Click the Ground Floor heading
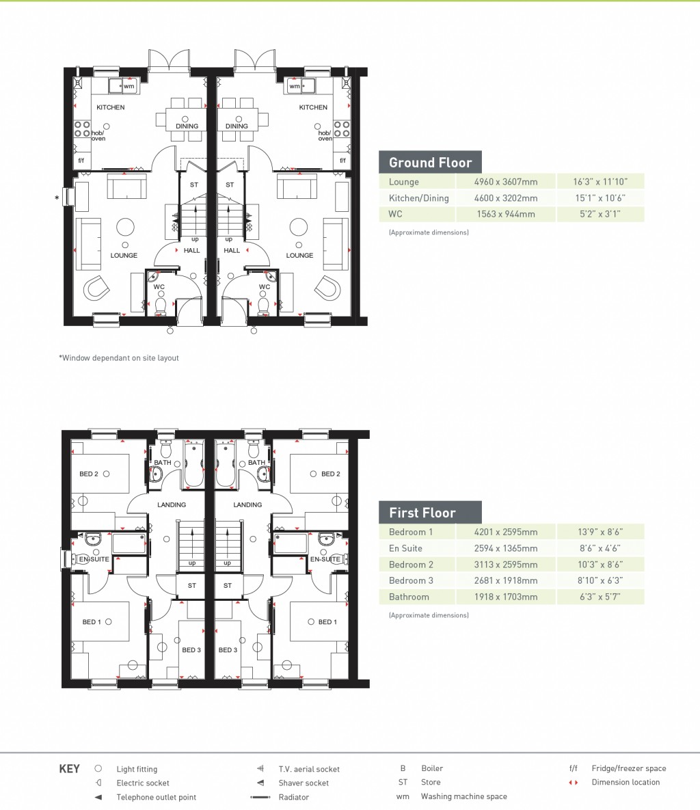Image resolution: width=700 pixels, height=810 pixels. pos(430,163)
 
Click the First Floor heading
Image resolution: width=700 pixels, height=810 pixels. pos(422,513)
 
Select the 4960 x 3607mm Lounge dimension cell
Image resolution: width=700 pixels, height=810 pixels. pos(506,182)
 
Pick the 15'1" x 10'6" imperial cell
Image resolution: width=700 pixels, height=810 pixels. pos(600,198)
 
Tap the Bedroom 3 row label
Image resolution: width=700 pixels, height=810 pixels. pos(411,580)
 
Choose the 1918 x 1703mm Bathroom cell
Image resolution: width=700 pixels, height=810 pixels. pos(506,597)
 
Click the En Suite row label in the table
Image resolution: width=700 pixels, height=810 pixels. pos(405,548)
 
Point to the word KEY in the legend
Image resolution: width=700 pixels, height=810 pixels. pos(70,769)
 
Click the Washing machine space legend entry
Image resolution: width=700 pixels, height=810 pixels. pos(463,796)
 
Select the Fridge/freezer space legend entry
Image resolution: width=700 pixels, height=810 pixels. pos(628,768)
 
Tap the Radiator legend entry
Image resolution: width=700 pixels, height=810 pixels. pos(293,797)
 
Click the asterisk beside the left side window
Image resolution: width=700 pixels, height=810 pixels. pos(57,199)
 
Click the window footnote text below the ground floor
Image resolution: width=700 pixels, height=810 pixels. pos(119,357)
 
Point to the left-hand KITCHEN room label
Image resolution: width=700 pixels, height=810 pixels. pos(110,107)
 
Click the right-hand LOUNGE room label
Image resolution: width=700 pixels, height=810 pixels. pos(299,255)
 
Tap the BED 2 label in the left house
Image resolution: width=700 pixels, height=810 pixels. pos(89,474)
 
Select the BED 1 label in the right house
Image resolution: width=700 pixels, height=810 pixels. pos(327,622)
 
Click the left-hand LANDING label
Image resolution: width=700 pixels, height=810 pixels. pos(172,505)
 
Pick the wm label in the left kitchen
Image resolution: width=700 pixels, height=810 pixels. pos(129,86)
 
